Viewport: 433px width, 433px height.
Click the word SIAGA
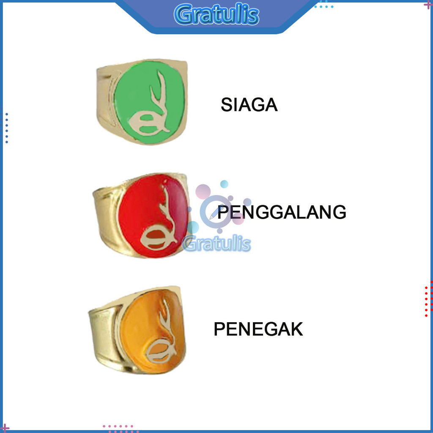click(x=249, y=105)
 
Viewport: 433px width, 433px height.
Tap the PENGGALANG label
click(x=282, y=212)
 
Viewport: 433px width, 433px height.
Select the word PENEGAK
click(x=258, y=329)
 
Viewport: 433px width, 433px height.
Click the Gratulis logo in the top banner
click(x=216, y=15)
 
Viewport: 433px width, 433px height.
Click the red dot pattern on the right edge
click(x=428, y=298)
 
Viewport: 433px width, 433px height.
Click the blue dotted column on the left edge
click(x=7, y=128)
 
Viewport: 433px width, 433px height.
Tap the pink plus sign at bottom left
click(x=5, y=428)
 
